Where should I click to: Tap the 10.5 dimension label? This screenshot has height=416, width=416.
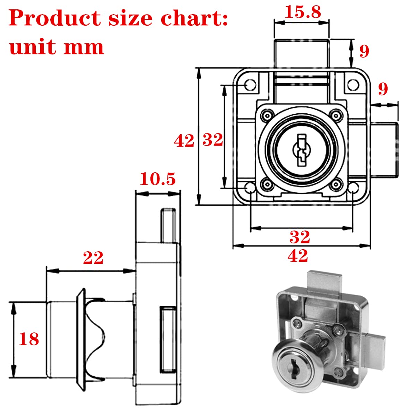158,179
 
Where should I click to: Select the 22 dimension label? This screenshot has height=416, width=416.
93,258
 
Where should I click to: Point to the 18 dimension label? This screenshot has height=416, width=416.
29,339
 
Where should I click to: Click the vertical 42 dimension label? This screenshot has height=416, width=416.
184,141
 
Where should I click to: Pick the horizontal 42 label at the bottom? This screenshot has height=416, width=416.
298,256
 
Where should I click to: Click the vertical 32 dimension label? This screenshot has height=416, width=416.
213,140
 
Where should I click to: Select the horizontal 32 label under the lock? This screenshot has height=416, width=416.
300,237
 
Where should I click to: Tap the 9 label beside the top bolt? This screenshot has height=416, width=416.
364,51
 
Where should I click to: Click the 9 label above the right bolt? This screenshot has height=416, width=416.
383,89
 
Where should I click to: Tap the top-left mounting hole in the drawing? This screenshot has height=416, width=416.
250,85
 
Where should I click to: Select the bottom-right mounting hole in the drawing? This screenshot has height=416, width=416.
353,188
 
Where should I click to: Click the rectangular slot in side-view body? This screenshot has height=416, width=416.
167,339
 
